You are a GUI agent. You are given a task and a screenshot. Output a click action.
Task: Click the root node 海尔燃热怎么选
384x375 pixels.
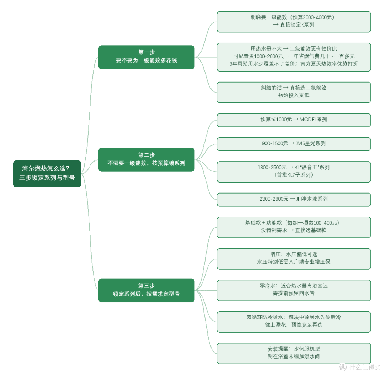47,174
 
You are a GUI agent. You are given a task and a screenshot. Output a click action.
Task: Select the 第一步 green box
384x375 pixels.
146,57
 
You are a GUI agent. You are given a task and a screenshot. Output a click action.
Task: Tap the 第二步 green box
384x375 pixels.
146,159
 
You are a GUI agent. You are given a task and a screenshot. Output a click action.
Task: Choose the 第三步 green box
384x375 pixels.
146,290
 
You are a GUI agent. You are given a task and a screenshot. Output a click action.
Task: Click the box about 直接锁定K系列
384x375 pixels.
294,22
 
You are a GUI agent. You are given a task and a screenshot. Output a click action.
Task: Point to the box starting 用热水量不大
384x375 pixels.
294,57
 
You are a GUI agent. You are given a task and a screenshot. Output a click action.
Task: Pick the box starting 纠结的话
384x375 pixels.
294,93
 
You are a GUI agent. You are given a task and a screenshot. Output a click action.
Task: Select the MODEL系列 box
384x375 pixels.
294,120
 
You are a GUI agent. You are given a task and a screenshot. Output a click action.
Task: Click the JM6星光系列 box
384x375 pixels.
294,144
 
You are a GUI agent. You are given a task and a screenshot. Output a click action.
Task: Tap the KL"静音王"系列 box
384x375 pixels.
294,172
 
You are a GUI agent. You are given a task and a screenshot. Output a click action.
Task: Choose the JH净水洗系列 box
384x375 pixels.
294,200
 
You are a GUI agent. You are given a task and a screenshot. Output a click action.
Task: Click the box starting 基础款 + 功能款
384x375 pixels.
294,227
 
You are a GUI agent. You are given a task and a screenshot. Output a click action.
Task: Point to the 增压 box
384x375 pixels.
294,259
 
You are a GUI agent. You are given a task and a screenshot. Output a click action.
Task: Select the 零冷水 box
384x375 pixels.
294,290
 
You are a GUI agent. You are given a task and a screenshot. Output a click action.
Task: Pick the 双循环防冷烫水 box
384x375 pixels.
294,322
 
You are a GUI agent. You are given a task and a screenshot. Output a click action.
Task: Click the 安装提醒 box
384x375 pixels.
294,353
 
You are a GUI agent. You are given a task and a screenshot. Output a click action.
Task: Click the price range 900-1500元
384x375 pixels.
275,143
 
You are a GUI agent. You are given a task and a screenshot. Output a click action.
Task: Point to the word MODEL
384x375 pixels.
308,119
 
